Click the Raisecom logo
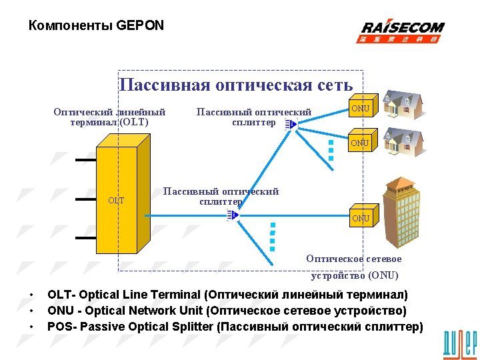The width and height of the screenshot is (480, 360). (x=402, y=31)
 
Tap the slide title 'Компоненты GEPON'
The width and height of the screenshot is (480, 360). (x=96, y=26)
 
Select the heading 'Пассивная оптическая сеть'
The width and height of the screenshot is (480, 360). (x=235, y=85)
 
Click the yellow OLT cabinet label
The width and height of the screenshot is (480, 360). (x=116, y=200)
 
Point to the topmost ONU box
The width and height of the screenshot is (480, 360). (x=361, y=109)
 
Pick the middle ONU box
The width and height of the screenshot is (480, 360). (x=360, y=143)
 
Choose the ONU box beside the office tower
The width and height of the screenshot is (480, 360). (x=361, y=218)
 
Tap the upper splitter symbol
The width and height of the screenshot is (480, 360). (x=289, y=125)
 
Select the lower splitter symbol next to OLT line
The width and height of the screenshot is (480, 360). (x=232, y=215)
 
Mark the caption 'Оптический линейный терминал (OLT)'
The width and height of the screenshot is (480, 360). (x=109, y=117)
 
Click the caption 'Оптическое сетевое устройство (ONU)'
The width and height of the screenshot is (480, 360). (x=354, y=267)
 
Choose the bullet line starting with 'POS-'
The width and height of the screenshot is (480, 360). (x=235, y=327)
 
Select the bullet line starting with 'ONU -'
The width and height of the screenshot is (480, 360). (x=227, y=311)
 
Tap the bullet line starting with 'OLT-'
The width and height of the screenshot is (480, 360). (x=227, y=295)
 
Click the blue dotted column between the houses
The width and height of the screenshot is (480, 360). (x=331, y=150)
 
